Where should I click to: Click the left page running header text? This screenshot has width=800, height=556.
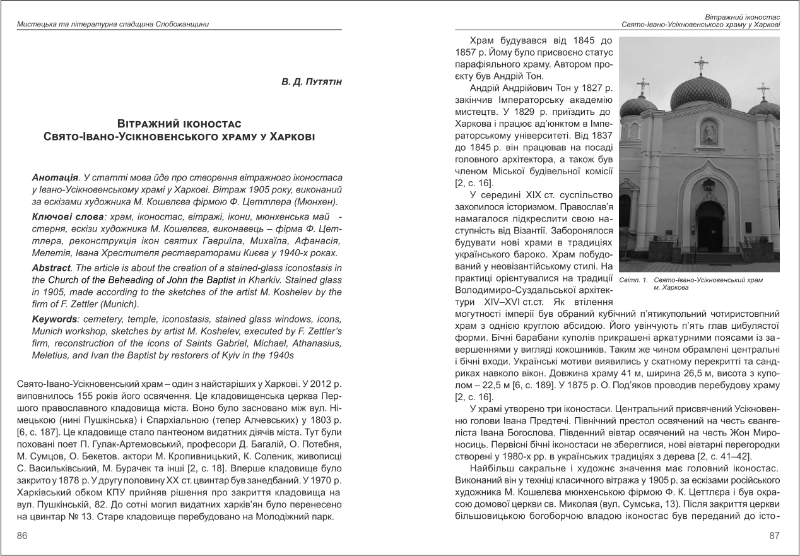pos(114,25)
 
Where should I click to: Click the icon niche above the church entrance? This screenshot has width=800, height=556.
pos(709,132)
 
